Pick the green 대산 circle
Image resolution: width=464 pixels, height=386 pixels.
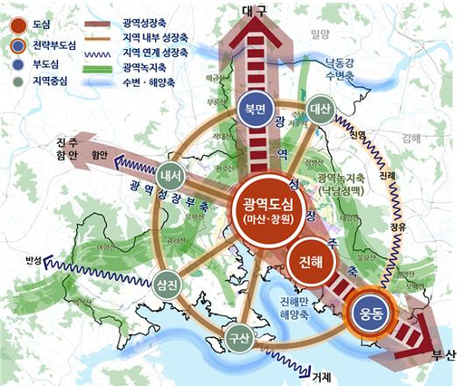pyautogui.click(x=320, y=108)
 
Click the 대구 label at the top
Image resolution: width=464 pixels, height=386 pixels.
pyautogui.click(x=258, y=10)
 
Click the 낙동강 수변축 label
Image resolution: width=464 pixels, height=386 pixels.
pyautogui.click(x=345, y=68)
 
